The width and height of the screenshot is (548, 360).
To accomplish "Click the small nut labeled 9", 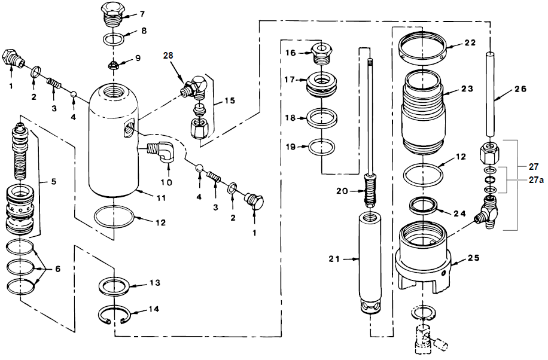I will click(114, 63).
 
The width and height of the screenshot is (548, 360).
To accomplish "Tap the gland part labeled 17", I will click(323, 85).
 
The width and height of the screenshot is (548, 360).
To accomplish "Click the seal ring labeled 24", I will click(424, 207).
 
